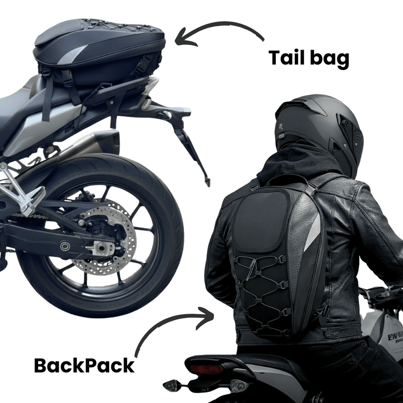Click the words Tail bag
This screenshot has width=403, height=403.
pos(309,59)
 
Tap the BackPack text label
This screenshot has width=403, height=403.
pos(84,365)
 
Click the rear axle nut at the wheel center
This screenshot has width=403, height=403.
pos(101,248)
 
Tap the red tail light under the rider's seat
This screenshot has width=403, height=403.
pos(206,369)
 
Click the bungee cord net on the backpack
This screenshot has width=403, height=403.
pos(262,293)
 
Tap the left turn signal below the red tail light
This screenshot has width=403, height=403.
pos(172,386)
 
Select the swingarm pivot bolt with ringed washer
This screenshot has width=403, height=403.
pos(65,246)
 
